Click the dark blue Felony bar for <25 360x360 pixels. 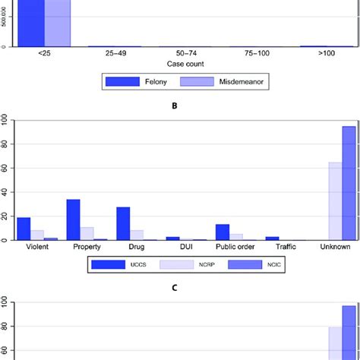tap(31, 23)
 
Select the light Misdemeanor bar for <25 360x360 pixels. tap(58, 23)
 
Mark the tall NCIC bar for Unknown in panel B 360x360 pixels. tap(349, 183)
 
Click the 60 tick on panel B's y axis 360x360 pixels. tap(5, 168)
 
